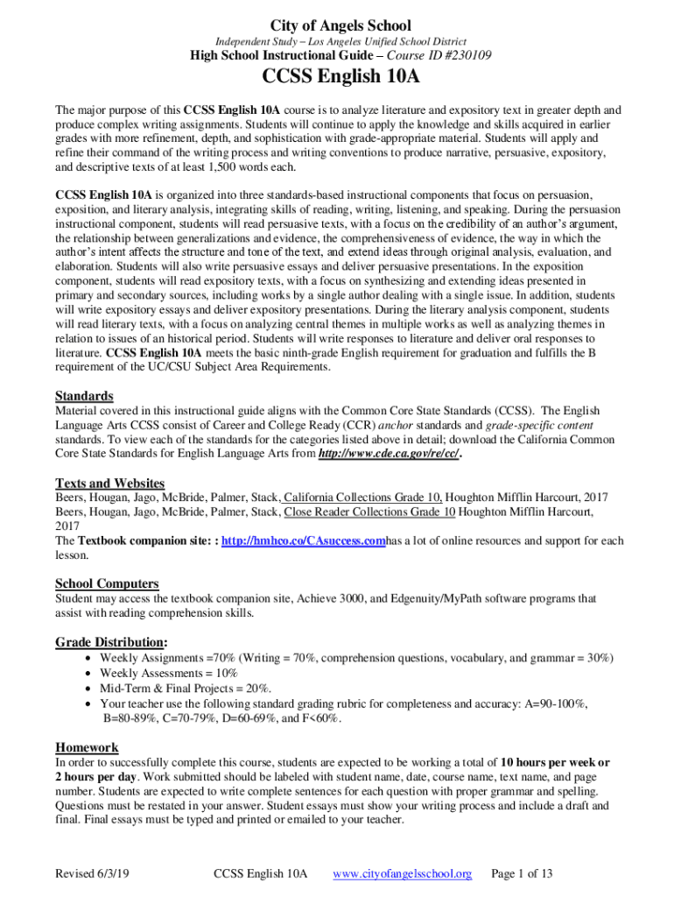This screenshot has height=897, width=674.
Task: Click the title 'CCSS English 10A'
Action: (x=337, y=78)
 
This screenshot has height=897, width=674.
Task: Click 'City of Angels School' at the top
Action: (x=337, y=25)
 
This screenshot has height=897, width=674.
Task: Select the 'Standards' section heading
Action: (x=84, y=396)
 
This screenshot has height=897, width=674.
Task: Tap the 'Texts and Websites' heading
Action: (x=110, y=484)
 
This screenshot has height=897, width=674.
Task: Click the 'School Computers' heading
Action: (x=107, y=584)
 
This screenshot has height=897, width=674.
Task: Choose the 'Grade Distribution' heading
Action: (x=112, y=642)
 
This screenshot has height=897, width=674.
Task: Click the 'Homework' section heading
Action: (x=87, y=747)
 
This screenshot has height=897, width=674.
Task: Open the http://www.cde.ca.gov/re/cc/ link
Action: (x=388, y=455)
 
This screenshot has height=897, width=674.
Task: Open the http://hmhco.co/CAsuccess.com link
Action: (x=304, y=541)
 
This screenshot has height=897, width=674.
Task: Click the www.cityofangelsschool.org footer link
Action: (x=404, y=873)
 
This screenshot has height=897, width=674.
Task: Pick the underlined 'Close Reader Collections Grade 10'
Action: (x=369, y=512)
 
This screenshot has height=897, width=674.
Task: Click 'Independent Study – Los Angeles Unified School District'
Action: (x=341, y=41)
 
